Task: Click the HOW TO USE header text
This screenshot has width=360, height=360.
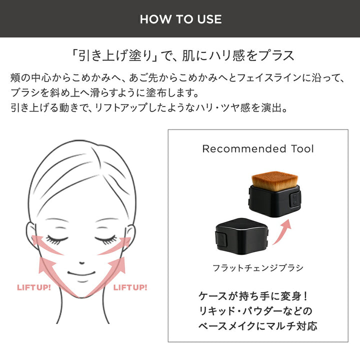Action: point(180,19)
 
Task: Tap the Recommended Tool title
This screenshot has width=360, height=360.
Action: point(258,149)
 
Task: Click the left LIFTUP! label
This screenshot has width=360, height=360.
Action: point(34,287)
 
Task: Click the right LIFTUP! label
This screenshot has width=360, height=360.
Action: point(130,287)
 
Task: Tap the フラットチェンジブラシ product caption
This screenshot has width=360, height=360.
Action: point(258,268)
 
